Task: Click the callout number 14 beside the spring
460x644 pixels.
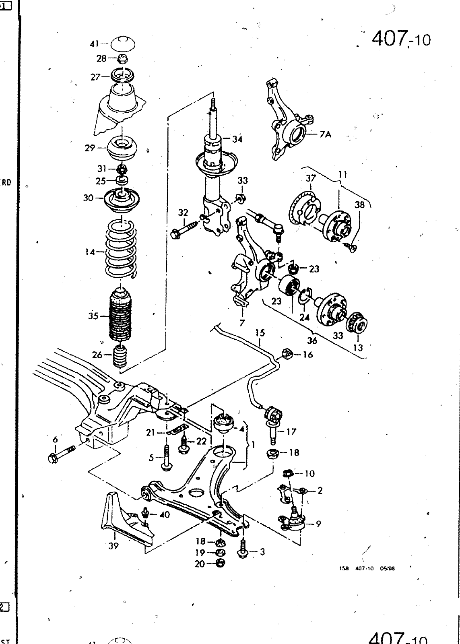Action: pos(89,252)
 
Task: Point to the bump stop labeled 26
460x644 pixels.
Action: pos(120,355)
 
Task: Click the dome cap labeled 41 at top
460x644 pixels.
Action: pos(122,43)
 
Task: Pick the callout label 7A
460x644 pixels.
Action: pos(325,135)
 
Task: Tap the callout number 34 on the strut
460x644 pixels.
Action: pos(237,139)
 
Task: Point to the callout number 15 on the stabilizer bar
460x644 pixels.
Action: pos(260,333)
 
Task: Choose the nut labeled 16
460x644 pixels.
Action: pos(285,355)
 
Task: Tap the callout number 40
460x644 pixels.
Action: pos(165,515)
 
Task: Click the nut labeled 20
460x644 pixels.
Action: pos(220,563)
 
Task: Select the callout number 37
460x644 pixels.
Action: pos(310,178)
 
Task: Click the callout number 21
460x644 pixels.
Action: pos(151,433)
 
